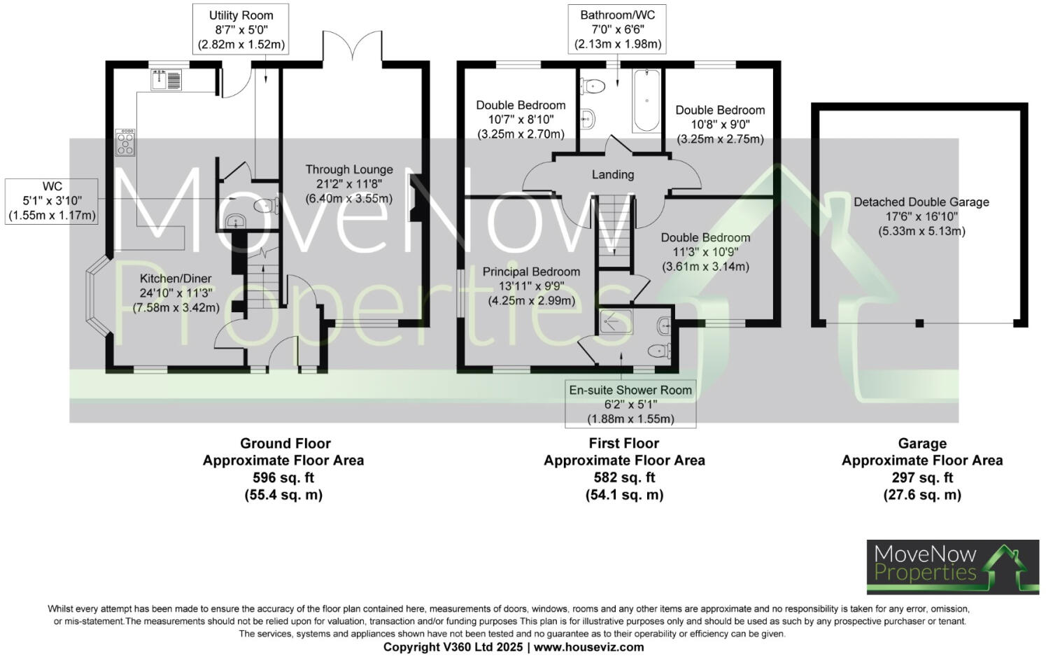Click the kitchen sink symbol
click(x=166, y=80)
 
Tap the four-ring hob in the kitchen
click(x=125, y=142)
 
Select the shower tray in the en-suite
click(x=616, y=321)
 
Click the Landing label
click(x=613, y=174)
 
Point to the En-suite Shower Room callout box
click(x=630, y=404)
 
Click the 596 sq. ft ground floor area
click(x=283, y=478)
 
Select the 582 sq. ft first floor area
click(x=624, y=478)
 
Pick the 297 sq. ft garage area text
click(x=922, y=478)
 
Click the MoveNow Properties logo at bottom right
click(x=953, y=567)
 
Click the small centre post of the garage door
click(x=919, y=323)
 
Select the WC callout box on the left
click(x=52, y=201)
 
